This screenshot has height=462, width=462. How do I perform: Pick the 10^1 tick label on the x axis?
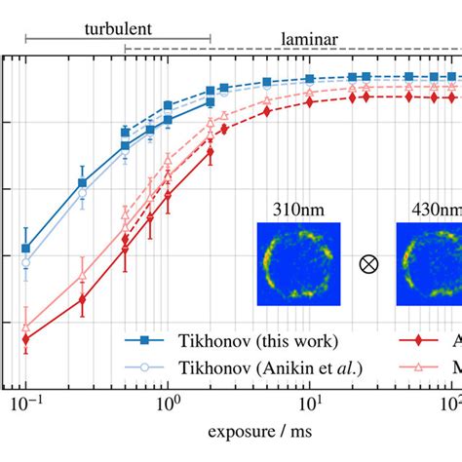[309, 403]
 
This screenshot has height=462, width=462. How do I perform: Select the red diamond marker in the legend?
[419, 340]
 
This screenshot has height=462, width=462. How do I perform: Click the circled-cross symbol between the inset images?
[367, 264]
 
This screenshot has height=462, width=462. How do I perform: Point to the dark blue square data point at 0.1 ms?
[26, 249]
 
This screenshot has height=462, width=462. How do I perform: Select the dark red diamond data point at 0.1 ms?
[26, 339]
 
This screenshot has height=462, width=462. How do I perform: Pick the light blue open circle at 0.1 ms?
[26, 262]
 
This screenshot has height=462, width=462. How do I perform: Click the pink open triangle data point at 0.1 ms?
[26, 327]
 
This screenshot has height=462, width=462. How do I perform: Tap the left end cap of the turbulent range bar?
[26, 39]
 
